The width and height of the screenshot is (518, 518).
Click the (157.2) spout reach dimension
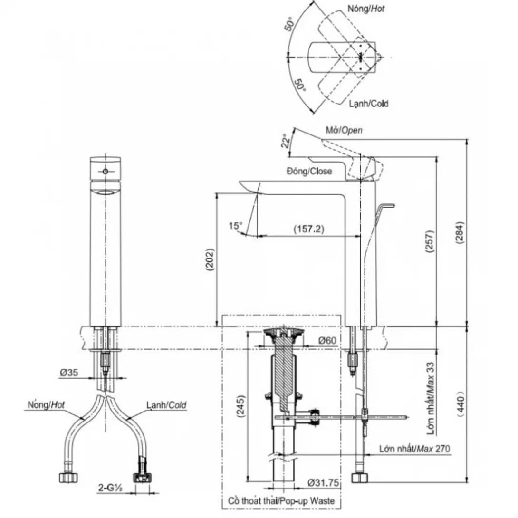click(308, 229)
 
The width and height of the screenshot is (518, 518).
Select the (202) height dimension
click(210, 260)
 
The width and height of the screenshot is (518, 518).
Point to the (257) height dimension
click(429, 242)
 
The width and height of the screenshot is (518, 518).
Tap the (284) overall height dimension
click(459, 233)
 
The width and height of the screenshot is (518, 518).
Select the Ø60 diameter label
click(327, 340)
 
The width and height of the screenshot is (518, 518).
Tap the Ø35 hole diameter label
click(69, 373)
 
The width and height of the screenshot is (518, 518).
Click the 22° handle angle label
click(286, 142)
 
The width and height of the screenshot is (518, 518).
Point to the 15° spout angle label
click(235, 226)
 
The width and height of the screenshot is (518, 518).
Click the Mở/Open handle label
click(344, 130)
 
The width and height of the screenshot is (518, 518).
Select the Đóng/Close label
click(309, 171)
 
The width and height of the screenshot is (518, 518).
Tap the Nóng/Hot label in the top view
click(365, 9)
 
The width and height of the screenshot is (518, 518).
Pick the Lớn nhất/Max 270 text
click(414, 449)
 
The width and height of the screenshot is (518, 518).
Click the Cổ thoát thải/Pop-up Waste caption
click(281, 501)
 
